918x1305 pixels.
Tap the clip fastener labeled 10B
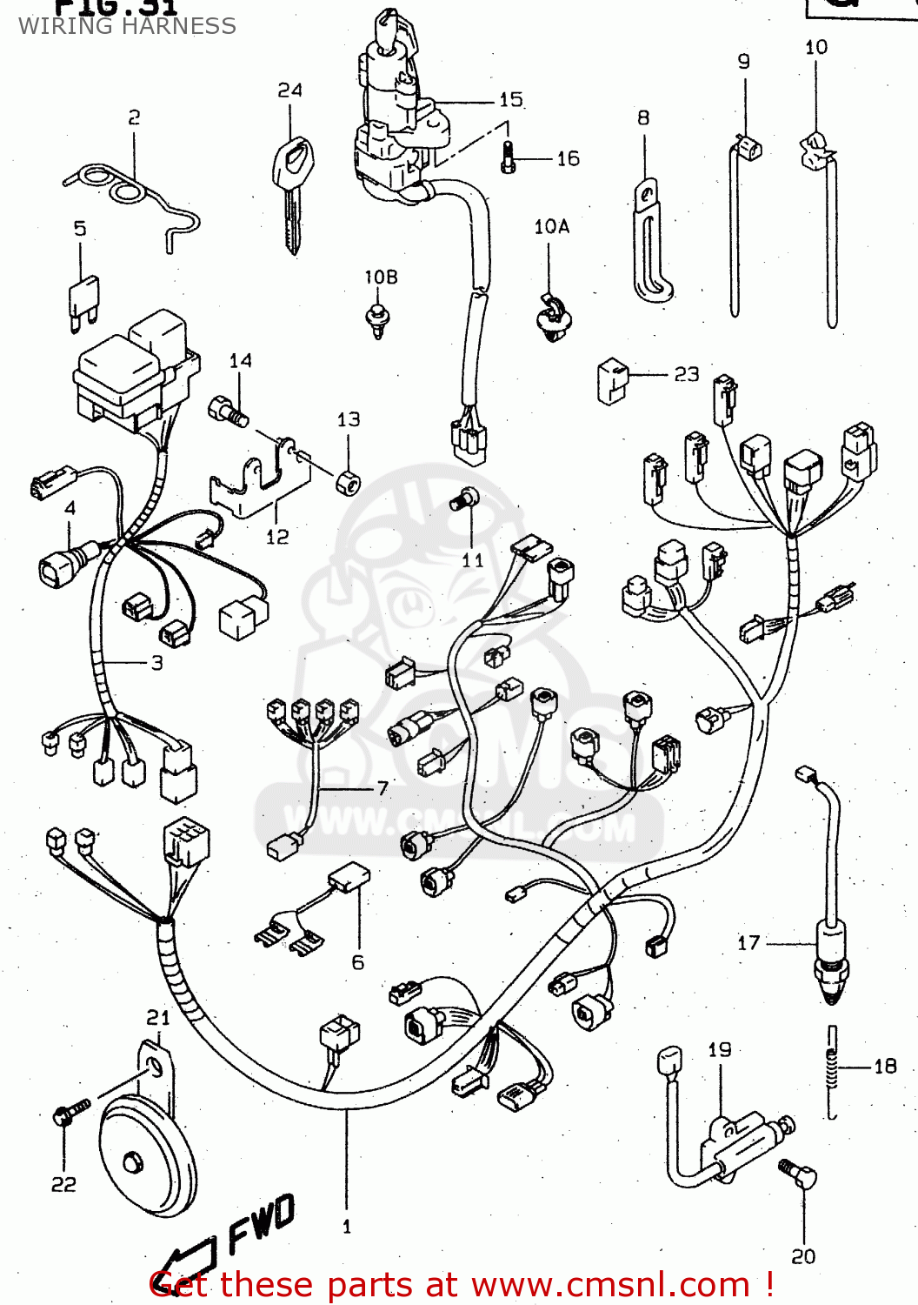click(378, 319)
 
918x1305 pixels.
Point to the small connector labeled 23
click(613, 381)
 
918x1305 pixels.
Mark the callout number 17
click(748, 942)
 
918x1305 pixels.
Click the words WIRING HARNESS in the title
click(127, 26)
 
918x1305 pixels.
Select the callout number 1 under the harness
click(347, 1227)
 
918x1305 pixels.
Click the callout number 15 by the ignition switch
click(511, 99)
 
